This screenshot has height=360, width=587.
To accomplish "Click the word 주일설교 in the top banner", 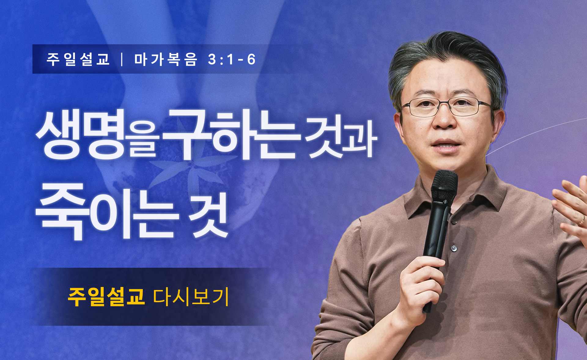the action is point(78,59).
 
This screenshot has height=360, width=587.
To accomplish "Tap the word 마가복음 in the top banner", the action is point(166,59).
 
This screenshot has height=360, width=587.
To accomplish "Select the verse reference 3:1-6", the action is point(231,59).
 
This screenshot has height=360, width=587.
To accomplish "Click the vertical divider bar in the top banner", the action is point(122,59).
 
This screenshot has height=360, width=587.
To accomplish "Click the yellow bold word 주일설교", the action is point(106,296).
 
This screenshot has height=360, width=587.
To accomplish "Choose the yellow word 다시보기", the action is point(191,296).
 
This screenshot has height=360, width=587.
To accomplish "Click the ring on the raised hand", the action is point(582,220).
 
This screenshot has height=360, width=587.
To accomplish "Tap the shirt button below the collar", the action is point(454,248).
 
